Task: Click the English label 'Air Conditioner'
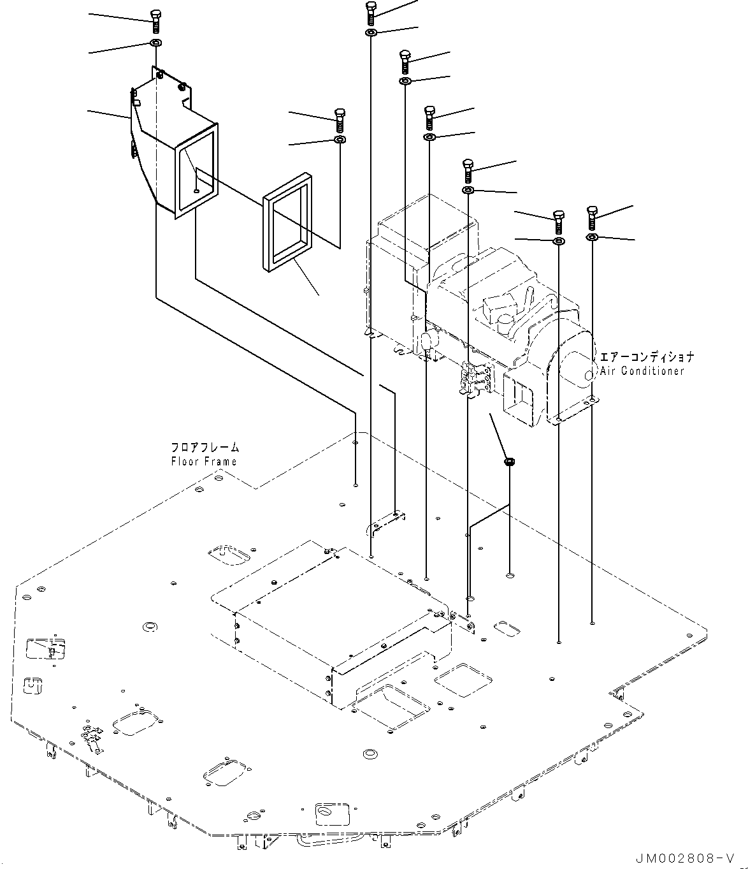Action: [x=642, y=371]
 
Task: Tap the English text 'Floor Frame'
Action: [x=204, y=461]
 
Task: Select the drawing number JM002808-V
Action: [x=685, y=858]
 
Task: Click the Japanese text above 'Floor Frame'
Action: [x=205, y=447]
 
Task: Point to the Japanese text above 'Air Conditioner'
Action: [x=647, y=357]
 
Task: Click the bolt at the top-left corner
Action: [x=155, y=21]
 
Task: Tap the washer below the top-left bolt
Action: [x=156, y=43]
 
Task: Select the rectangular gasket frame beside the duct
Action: [x=288, y=222]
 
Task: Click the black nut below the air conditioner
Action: [x=509, y=462]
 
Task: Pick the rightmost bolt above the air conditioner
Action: [x=592, y=218]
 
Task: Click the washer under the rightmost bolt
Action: [x=592, y=238]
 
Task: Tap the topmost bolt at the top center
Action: [x=371, y=13]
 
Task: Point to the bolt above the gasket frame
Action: [x=340, y=120]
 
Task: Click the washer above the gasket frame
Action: [x=340, y=139]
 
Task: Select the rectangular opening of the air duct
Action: [x=197, y=170]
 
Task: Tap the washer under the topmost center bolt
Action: [x=371, y=33]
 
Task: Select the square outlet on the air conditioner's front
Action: [x=518, y=398]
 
